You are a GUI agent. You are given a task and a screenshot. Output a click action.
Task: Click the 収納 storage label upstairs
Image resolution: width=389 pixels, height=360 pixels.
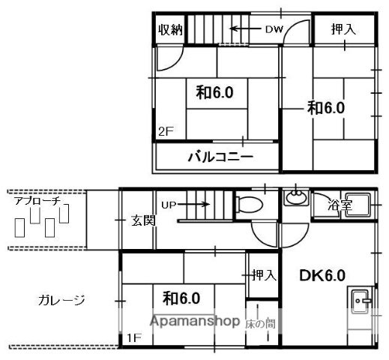[x=170, y=30]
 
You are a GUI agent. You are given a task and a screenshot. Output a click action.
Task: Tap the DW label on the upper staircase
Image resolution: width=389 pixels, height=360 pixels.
[x=272, y=30]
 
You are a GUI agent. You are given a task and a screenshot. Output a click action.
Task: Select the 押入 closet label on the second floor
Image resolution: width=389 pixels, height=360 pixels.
[x=343, y=30]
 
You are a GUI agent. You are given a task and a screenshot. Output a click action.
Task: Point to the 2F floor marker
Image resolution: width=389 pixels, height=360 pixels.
[x=165, y=132]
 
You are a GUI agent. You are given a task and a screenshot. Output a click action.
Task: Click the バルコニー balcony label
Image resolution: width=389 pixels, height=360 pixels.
[x=220, y=158]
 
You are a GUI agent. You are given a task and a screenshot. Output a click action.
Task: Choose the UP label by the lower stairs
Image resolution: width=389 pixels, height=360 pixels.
[x=169, y=202]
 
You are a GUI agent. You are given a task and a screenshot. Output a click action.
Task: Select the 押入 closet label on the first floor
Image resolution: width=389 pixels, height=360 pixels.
[x=263, y=275]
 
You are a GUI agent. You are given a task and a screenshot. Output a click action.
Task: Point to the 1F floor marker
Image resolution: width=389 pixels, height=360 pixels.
[x=133, y=337]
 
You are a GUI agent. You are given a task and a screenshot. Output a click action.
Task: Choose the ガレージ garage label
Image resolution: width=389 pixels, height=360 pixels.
[x=61, y=301]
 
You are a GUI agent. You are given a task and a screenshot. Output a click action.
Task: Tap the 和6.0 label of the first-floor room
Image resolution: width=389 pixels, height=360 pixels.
[x=181, y=298]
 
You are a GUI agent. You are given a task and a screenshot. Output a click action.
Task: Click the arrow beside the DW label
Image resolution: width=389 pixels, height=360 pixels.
[x=244, y=30]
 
